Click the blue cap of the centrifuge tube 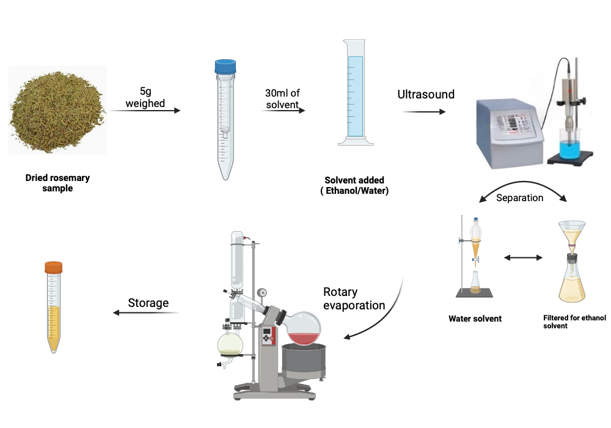225,66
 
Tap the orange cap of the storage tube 54,267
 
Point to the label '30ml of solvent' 282,99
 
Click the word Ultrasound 426,94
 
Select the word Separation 519,198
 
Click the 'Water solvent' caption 475,319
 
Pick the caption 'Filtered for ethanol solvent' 568,322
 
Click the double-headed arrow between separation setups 523,258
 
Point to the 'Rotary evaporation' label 354,298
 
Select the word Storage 148,303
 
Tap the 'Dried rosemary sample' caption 57,183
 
